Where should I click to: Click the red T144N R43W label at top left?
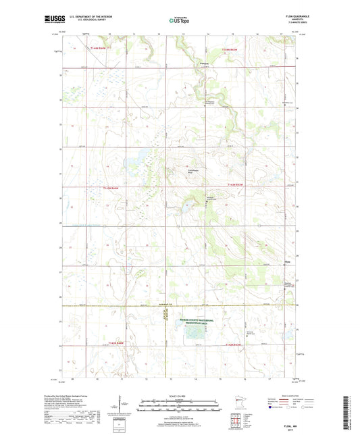98,49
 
